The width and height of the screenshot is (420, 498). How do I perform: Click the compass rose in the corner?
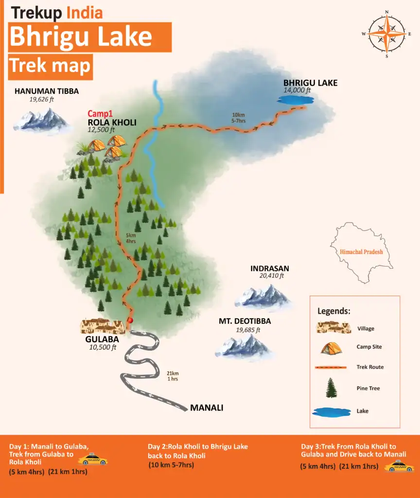click(386, 34)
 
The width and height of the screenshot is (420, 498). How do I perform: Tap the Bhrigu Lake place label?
click(310, 83)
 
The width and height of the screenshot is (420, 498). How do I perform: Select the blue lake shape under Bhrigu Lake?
click(294, 100)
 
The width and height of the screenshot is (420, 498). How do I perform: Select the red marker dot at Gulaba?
click(130, 320)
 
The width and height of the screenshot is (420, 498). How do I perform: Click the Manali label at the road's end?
click(207, 408)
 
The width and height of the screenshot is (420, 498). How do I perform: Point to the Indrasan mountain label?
click(270, 268)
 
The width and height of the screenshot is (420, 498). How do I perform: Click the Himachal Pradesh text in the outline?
click(361, 252)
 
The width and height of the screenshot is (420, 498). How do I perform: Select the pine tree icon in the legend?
click(332, 388)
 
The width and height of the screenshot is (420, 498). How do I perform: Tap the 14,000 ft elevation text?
click(297, 90)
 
